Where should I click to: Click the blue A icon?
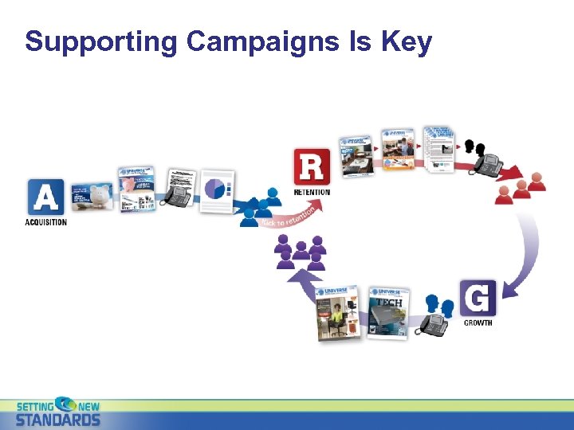pyautogui.click(x=45, y=197)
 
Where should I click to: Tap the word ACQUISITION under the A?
pyautogui.click(x=45, y=222)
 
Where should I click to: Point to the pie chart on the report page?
pyautogui.click(x=216, y=189)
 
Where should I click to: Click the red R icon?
pyautogui.click(x=311, y=167)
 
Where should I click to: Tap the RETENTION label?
pyautogui.click(x=312, y=193)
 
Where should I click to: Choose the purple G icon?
pyautogui.click(x=478, y=298)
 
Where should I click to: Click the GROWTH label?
pyautogui.click(x=479, y=323)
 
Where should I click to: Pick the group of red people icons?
pyautogui.click(x=521, y=188)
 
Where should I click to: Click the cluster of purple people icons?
pyautogui.click(x=301, y=252)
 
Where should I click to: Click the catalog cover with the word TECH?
pyautogui.click(x=388, y=312)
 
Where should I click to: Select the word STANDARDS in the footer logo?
pyautogui.click(x=58, y=420)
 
